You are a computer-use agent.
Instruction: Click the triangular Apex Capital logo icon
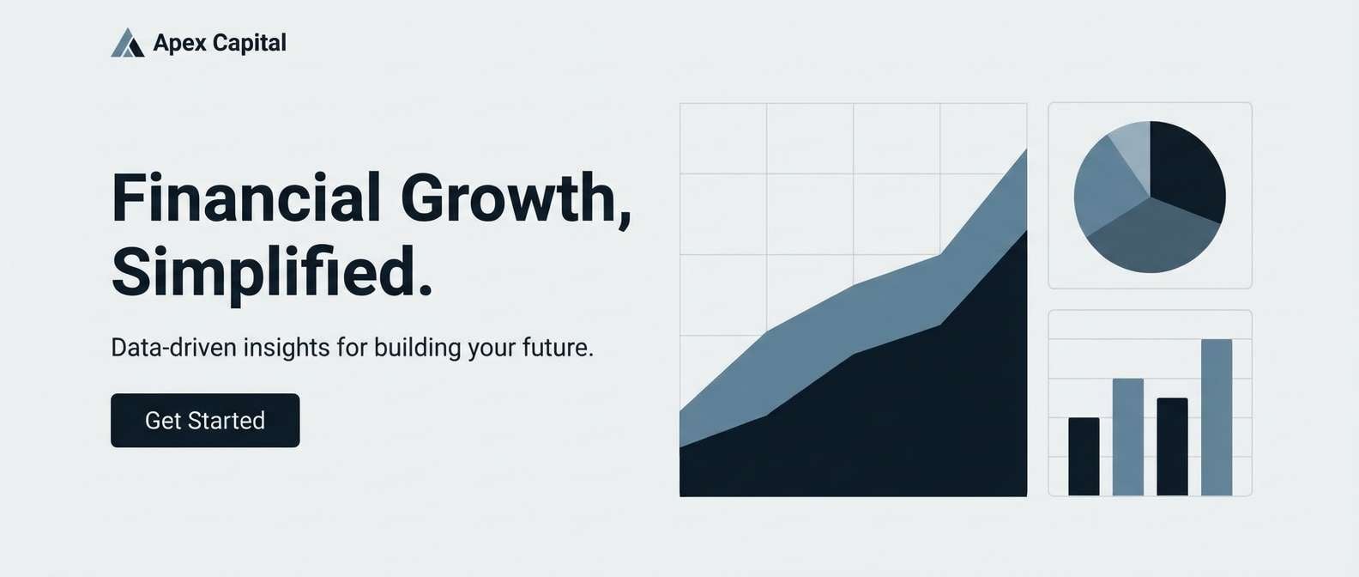pyautogui.click(x=127, y=43)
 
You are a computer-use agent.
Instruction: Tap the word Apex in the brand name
pyautogui.click(x=179, y=43)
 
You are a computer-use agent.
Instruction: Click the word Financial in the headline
pyautogui.click(x=246, y=198)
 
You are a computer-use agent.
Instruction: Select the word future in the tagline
pyautogui.click(x=559, y=348)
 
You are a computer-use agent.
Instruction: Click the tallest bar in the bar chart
pyautogui.click(x=1217, y=417)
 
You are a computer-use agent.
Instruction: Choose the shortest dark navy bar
pyautogui.click(x=1084, y=457)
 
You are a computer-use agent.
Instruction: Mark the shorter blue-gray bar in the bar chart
pyautogui.click(x=1128, y=437)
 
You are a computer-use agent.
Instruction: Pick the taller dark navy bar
pyautogui.click(x=1172, y=446)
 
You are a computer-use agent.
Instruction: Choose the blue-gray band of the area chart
pyautogui.click(x=858, y=318)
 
